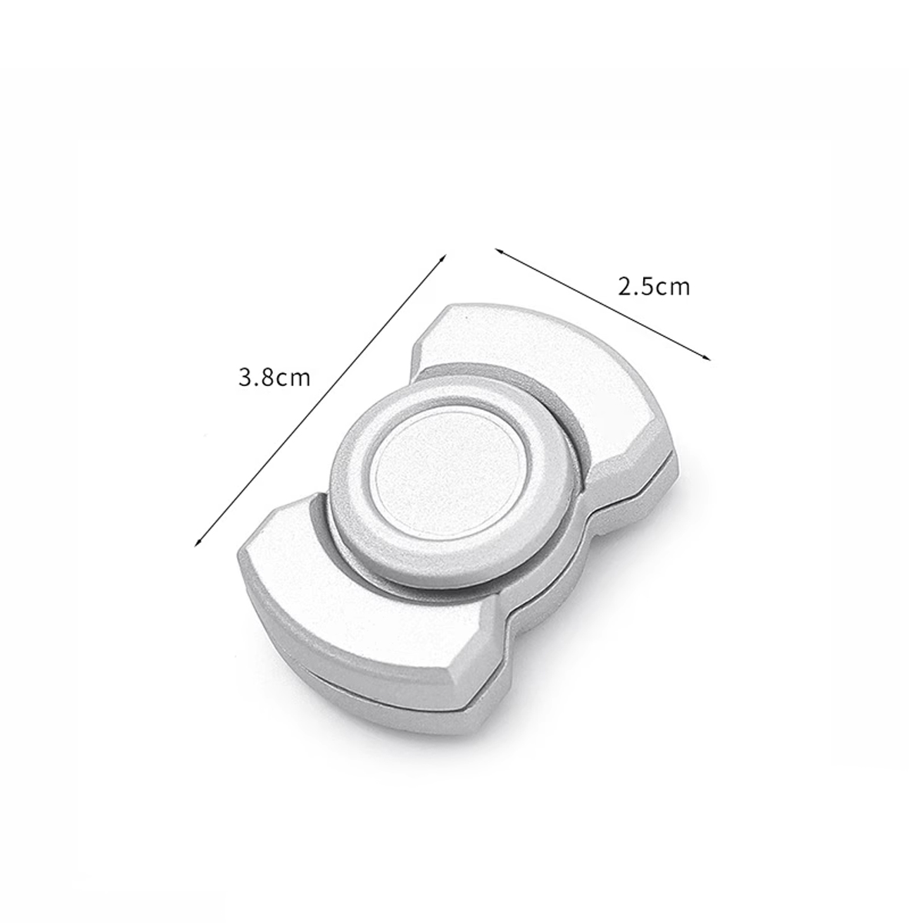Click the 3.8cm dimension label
pos(275,378)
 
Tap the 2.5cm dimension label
pos(654,287)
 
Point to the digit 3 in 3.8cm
pos(245,378)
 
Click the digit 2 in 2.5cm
pos(625,287)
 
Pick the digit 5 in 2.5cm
pos(648,287)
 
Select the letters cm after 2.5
pos(673,290)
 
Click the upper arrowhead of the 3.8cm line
pos(444,257)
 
